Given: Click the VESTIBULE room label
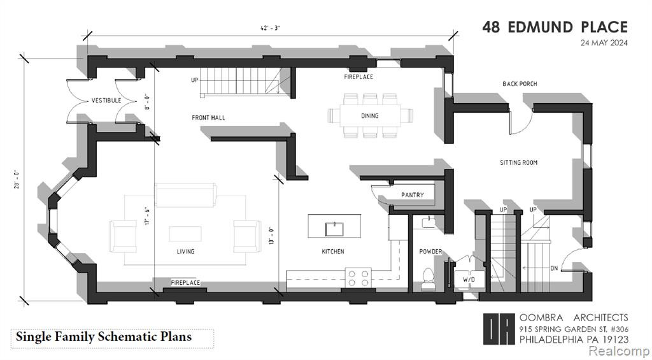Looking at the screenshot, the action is click(x=106, y=100).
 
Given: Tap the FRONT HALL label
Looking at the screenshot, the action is click(x=208, y=118).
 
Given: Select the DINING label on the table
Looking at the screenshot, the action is click(x=370, y=116).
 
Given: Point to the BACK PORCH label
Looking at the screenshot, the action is click(x=520, y=83).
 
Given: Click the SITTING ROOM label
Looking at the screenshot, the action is click(x=518, y=162).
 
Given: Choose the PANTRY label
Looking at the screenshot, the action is click(x=413, y=194).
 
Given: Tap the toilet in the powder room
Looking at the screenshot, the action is click(x=427, y=278).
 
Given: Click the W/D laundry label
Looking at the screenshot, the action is click(x=469, y=280).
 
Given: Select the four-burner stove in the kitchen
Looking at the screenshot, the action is click(x=358, y=278).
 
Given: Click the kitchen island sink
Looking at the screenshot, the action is click(x=334, y=229).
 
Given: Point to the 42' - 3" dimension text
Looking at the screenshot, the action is click(x=270, y=28).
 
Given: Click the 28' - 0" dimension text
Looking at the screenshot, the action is click(x=16, y=180).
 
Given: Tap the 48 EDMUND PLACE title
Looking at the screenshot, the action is click(x=555, y=27).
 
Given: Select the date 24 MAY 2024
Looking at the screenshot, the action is click(x=604, y=43).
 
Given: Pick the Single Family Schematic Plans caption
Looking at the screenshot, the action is click(x=104, y=336).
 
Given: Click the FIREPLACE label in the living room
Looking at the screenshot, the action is click(x=185, y=283).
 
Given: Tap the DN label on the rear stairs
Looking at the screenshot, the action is click(x=554, y=268).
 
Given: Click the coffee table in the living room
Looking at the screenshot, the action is click(x=185, y=233).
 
